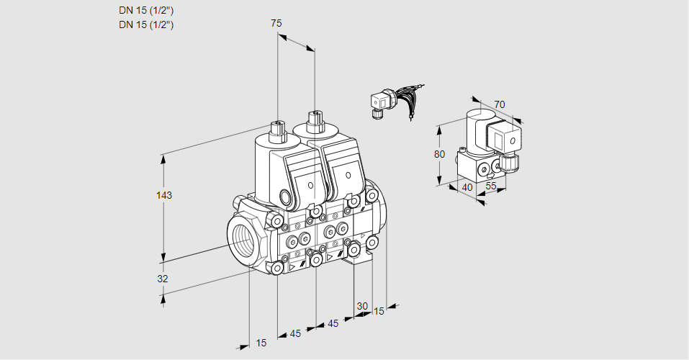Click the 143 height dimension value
pyautogui.click(x=165, y=195)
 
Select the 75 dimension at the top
pyautogui.click(x=276, y=23)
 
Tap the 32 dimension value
pyautogui.click(x=163, y=279)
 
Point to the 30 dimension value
pyautogui.click(x=362, y=305)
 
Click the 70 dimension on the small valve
pyautogui.click(x=500, y=104)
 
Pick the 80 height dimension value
pyautogui.click(x=440, y=153)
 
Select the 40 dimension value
pyautogui.click(x=467, y=187)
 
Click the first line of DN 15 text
pyautogui.click(x=146, y=10)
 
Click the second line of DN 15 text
pyautogui.click(x=146, y=24)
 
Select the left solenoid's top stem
pyautogui.click(x=277, y=130)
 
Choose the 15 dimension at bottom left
pyautogui.click(x=261, y=343)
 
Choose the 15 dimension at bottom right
pyautogui.click(x=378, y=311)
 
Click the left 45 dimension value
pyautogui.click(x=295, y=333)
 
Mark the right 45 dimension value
pyautogui.click(x=333, y=323)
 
